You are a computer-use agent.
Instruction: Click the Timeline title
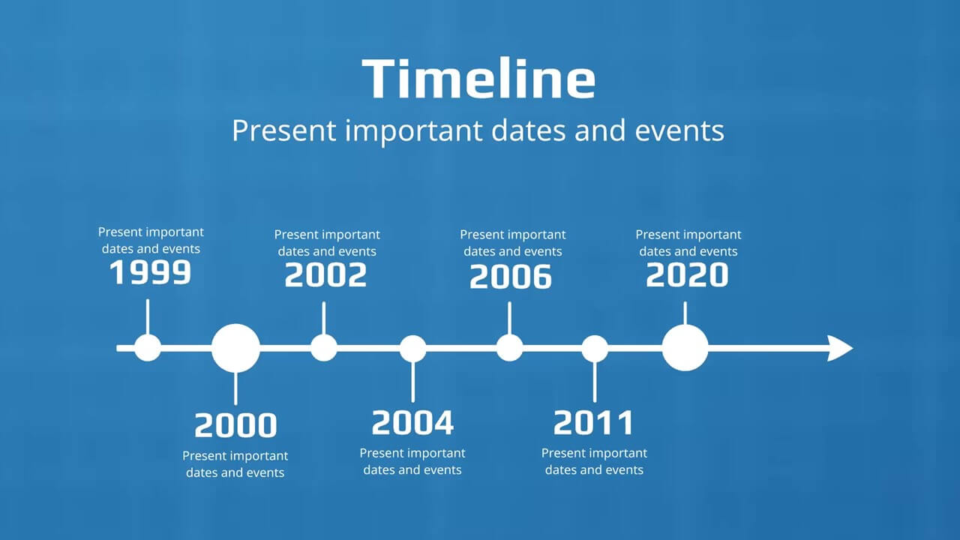478,79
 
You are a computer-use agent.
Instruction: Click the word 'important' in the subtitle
413,131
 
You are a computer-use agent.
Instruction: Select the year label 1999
151,272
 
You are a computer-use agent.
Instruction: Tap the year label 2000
235,425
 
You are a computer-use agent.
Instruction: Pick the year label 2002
325,274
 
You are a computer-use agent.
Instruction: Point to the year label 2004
412,422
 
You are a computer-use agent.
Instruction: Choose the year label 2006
511,277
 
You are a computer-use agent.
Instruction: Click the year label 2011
593,422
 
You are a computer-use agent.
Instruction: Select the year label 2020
687,274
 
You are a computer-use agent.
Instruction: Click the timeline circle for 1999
148,348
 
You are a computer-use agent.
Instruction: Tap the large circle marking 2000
235,348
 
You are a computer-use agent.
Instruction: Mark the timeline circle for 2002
324,348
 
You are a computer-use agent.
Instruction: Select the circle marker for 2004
412,349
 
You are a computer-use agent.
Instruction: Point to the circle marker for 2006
509,348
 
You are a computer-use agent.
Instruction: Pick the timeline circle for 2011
595,349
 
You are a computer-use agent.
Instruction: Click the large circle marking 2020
685,347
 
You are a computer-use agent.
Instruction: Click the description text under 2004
412,461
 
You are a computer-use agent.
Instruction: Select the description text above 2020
688,243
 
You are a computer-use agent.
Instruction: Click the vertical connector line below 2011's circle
595,382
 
